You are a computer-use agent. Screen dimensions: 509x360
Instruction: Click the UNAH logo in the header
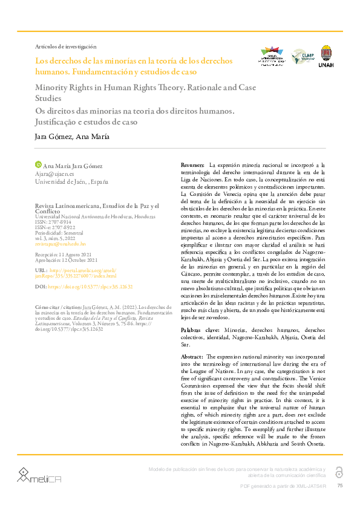pyautogui.click(x=326, y=56)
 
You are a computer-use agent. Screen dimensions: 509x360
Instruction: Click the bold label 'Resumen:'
pyautogui.click(x=192, y=165)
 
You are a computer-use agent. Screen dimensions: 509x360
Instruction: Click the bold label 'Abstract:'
pyautogui.click(x=192, y=357)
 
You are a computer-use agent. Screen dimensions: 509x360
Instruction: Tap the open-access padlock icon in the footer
pyautogui.click(x=339, y=472)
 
